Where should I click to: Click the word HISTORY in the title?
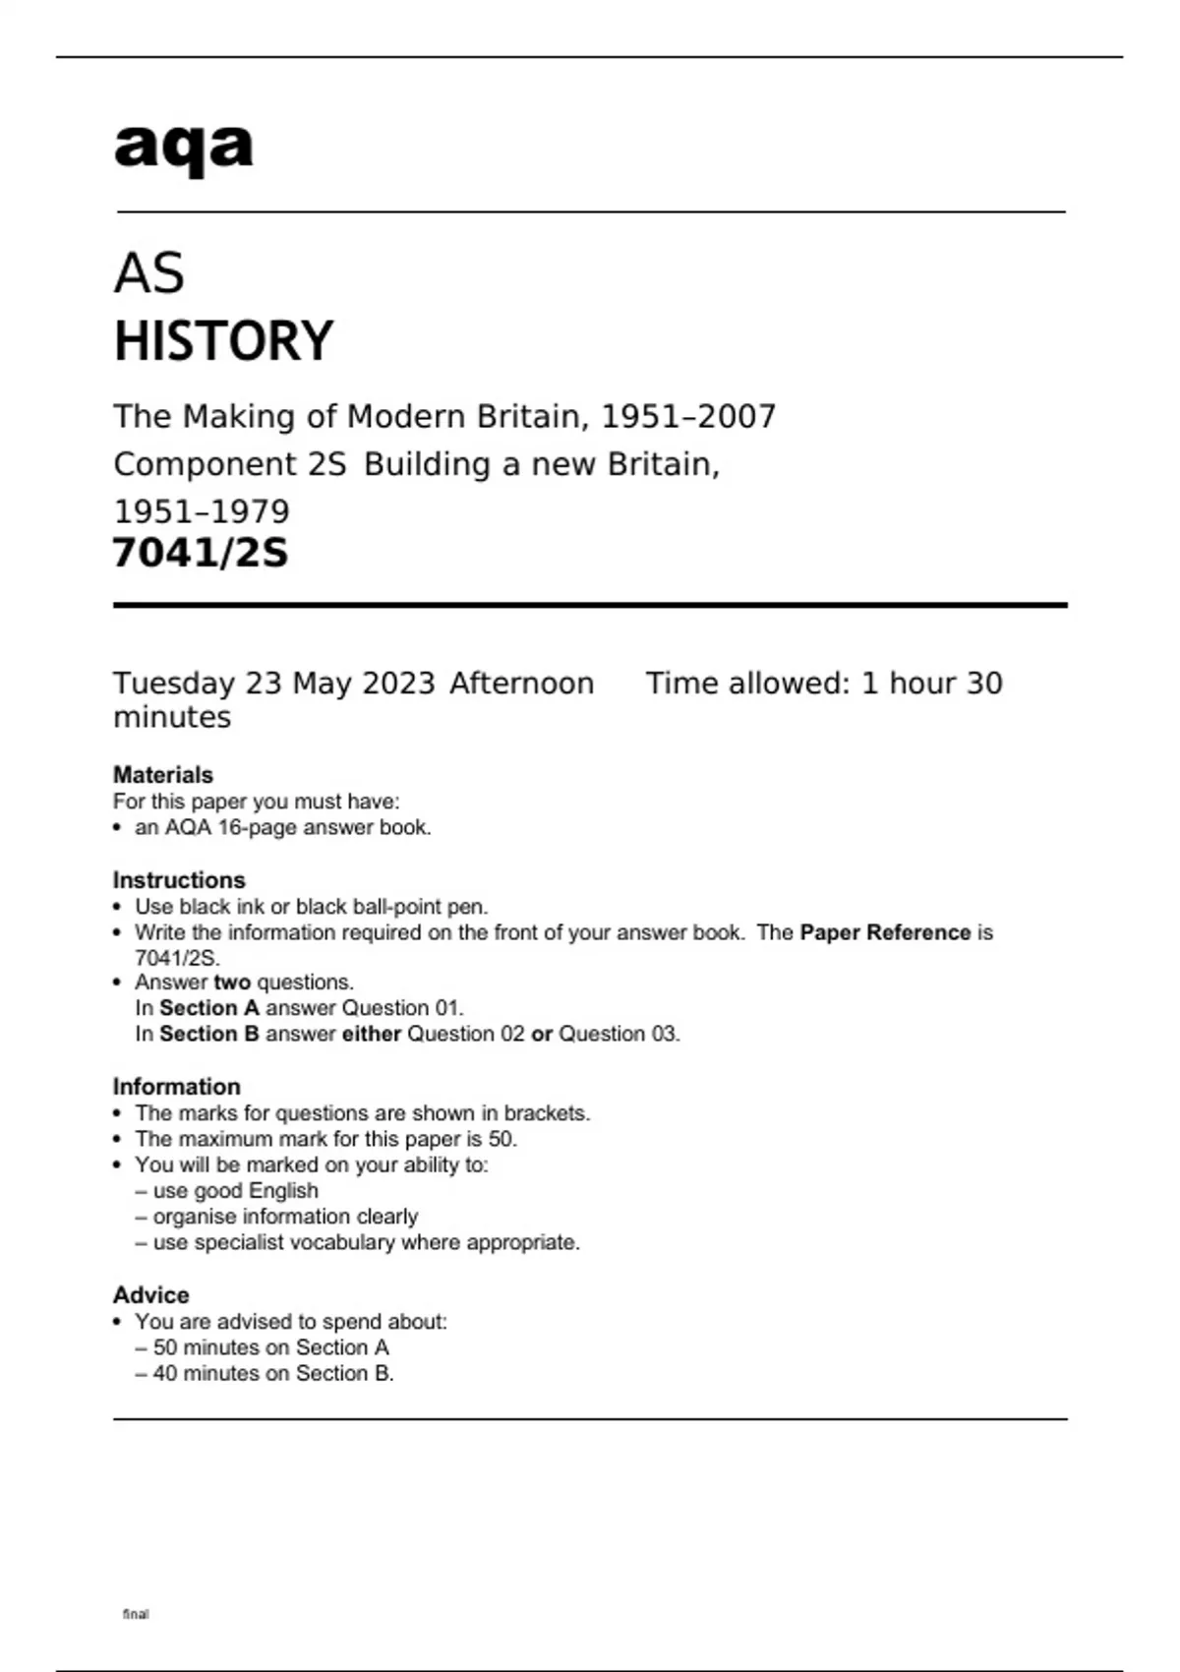pyautogui.click(x=224, y=341)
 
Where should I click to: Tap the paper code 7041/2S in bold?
pyautogui.click(x=201, y=553)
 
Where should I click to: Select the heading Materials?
pyautogui.click(x=163, y=775)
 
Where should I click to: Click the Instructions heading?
pyautogui.click(x=179, y=880)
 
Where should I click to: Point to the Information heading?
pyautogui.click(x=177, y=1087)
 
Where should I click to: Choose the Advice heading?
pyautogui.click(x=151, y=1295)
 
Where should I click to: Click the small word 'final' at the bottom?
pyautogui.click(x=136, y=1614)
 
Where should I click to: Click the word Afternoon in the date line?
pyautogui.click(x=522, y=684)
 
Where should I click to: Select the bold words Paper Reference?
pyautogui.click(x=885, y=932)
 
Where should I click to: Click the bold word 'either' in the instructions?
pyautogui.click(x=372, y=1034)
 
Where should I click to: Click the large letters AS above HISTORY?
pyautogui.click(x=149, y=273)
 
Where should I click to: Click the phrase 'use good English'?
pyautogui.click(x=235, y=1191)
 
